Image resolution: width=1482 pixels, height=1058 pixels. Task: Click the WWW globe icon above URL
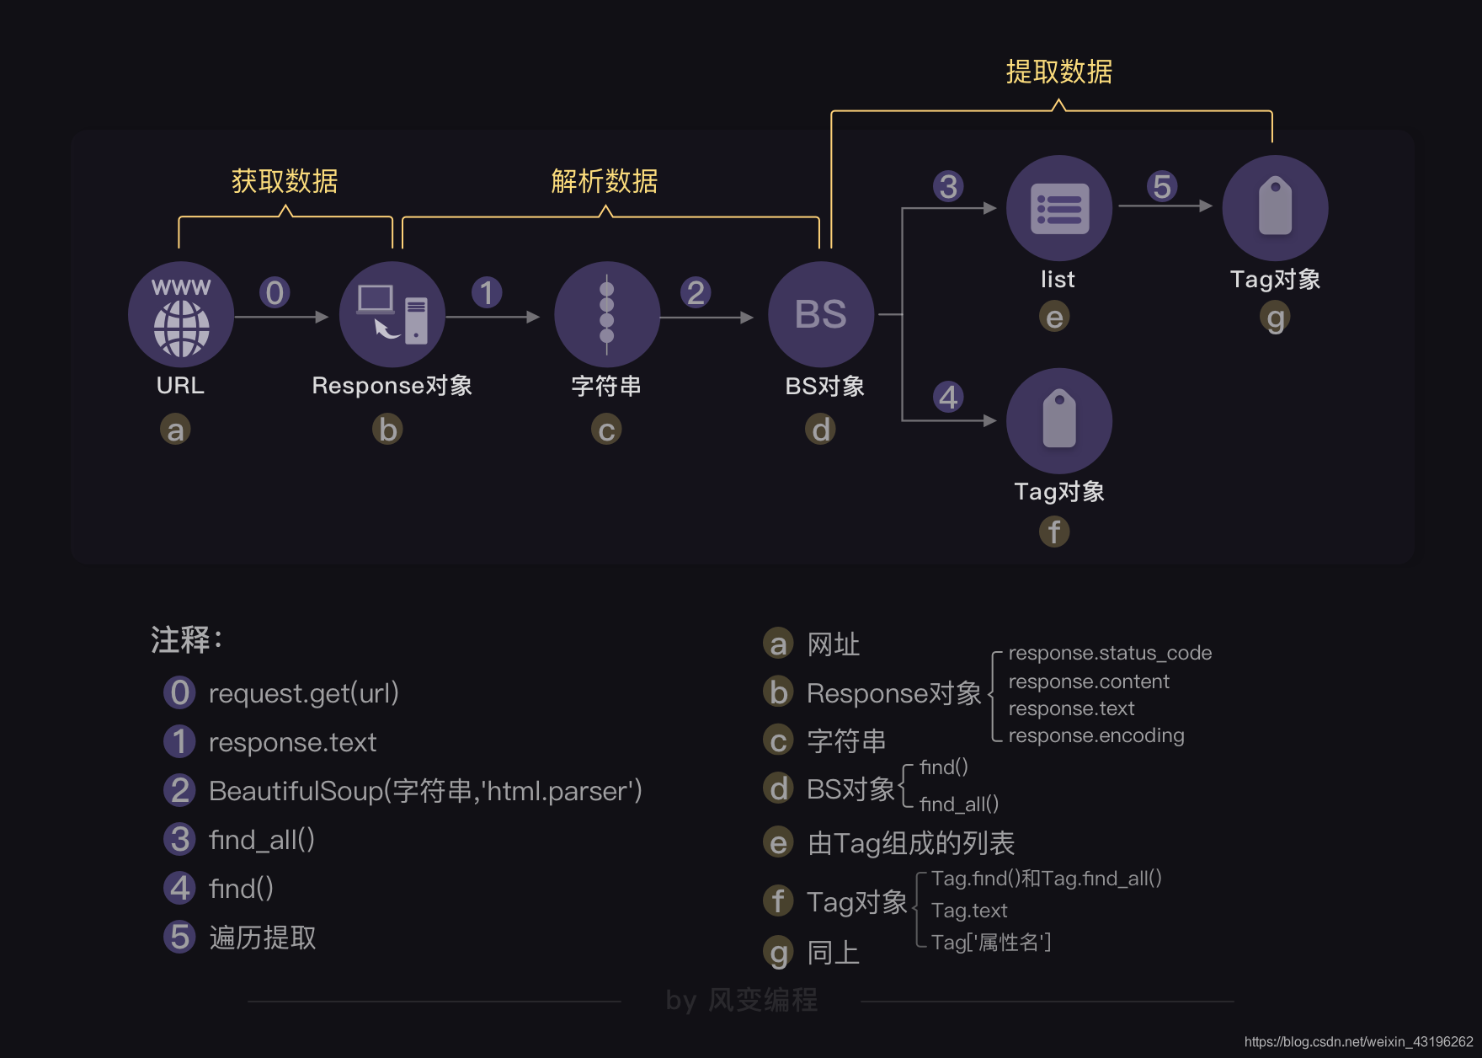pyautogui.click(x=181, y=314)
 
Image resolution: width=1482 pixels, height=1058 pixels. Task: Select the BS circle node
pyautogui.click(x=821, y=314)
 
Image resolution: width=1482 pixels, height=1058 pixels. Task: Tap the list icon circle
pyautogui.click(x=1059, y=208)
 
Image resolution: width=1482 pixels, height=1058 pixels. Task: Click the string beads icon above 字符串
pyautogui.click(x=606, y=314)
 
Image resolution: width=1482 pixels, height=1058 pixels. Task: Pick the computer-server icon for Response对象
pyautogui.click(x=392, y=314)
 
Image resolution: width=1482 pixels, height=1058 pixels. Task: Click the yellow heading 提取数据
pyautogui.click(x=1059, y=72)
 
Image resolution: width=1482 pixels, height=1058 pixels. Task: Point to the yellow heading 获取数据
pyautogui.click(x=285, y=181)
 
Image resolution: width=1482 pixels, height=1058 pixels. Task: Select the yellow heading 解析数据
pyautogui.click(x=605, y=181)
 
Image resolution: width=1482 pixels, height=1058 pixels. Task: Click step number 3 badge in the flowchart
pyautogui.click(x=948, y=186)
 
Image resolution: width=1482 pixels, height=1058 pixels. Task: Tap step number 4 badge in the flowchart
pyautogui.click(x=948, y=397)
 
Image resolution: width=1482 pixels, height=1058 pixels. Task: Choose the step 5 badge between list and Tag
pyautogui.click(x=1162, y=186)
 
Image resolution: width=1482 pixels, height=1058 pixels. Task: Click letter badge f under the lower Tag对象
pyautogui.click(x=1054, y=532)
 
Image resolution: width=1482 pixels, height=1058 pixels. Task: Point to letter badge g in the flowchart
pyautogui.click(x=1276, y=318)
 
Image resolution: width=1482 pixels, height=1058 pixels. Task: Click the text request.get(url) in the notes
pyautogui.click(x=303, y=693)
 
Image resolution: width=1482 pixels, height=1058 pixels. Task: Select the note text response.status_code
pyautogui.click(x=1110, y=653)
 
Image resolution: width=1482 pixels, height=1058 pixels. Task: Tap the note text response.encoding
pyautogui.click(x=1096, y=735)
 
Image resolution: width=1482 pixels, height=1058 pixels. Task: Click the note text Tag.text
pyautogui.click(x=969, y=911)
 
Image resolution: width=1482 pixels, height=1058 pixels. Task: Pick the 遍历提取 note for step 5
pyautogui.click(x=263, y=938)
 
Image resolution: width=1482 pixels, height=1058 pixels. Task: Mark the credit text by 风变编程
pyautogui.click(x=741, y=1000)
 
